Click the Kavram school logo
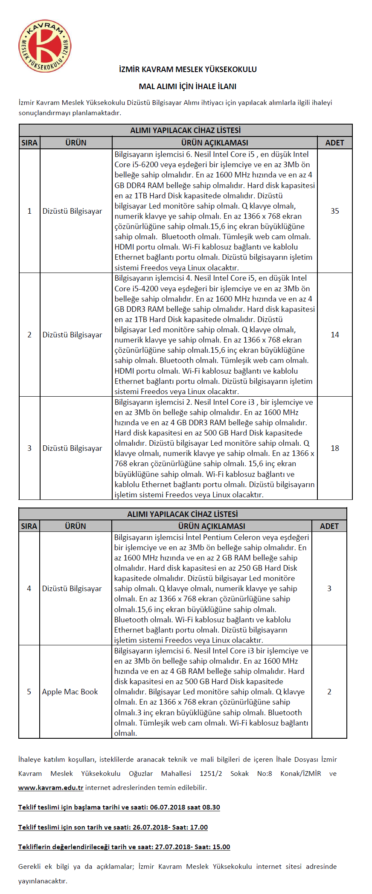[45, 46]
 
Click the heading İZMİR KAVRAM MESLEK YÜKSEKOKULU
[188, 69]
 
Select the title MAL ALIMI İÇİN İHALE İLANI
[188, 86]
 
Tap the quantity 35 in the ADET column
[335, 211]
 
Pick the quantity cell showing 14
[335, 334]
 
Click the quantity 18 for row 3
[335, 448]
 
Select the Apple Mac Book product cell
[70, 691]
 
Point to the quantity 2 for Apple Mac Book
[329, 691]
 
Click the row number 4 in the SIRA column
[29, 588]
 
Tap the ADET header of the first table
[334, 142]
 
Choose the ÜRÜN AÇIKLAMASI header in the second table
[212, 526]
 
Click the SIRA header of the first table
[29, 142]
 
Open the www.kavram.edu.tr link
[51, 787]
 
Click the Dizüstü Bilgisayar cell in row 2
[72, 334]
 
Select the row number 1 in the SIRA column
[29, 211]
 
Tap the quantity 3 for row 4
[329, 588]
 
